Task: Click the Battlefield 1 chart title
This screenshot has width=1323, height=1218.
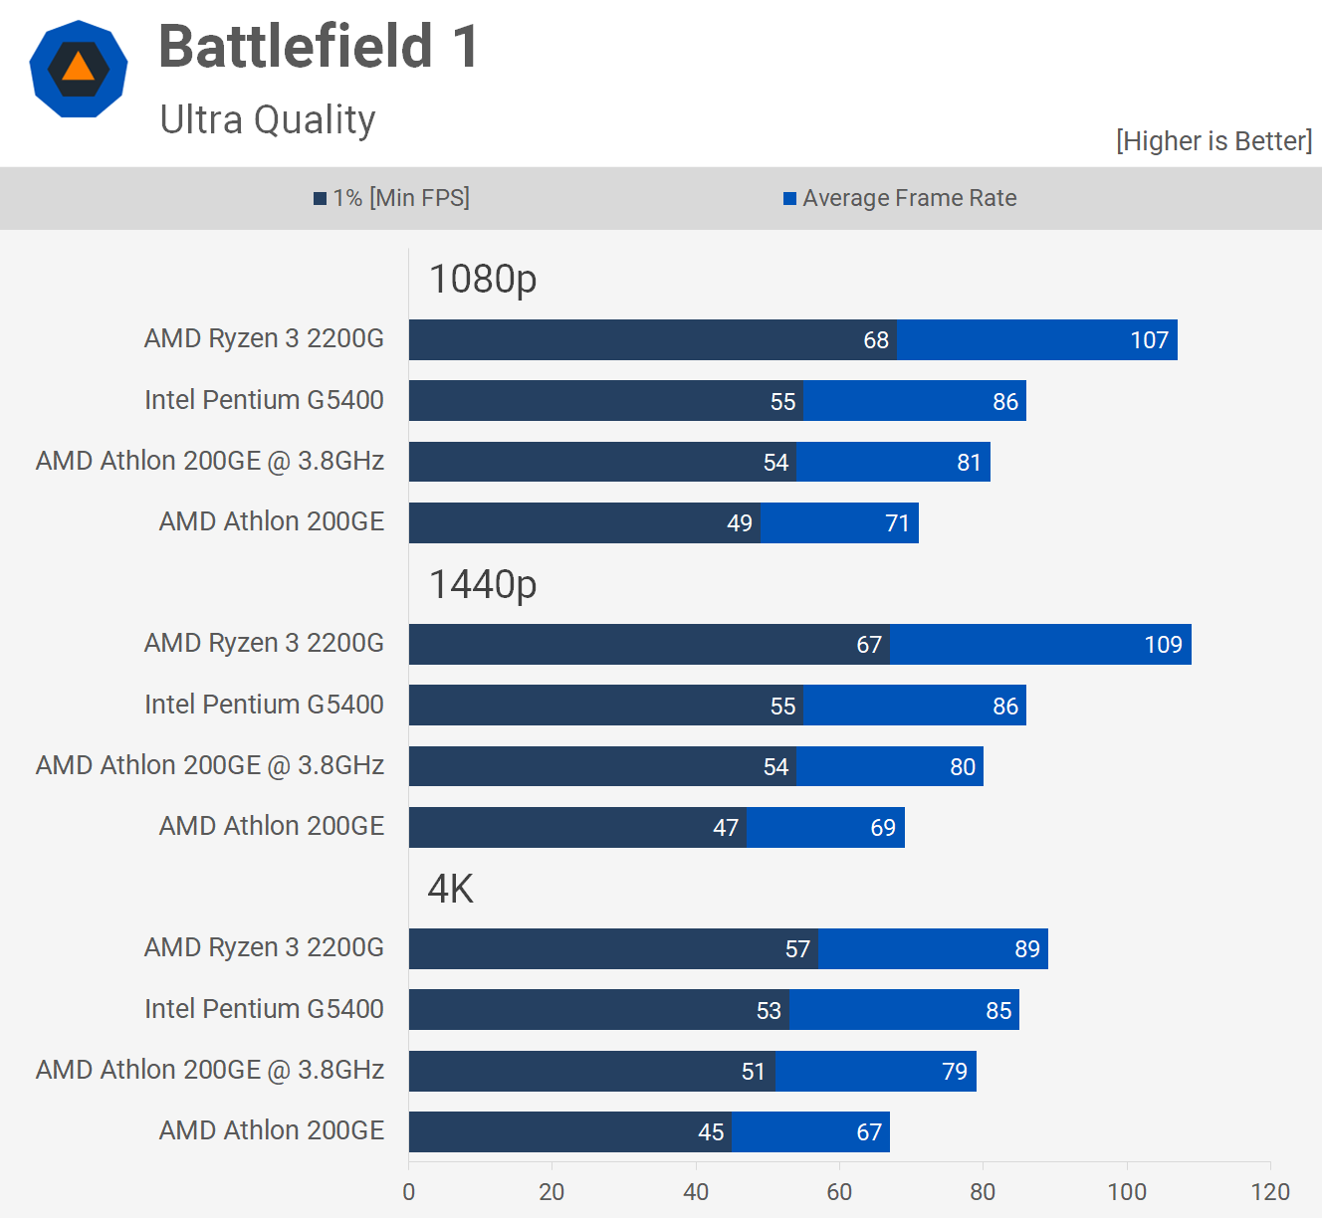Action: tap(319, 47)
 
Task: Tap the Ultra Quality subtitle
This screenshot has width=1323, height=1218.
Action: tap(267, 119)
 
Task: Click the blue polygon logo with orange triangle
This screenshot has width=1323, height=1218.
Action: tap(79, 69)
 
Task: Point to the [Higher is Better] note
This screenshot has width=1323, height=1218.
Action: tap(1213, 141)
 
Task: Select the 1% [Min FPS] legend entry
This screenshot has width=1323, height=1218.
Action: tap(391, 198)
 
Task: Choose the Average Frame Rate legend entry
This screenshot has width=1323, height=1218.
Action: tap(900, 198)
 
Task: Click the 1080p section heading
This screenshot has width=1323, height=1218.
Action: tap(483, 280)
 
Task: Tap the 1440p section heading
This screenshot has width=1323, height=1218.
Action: tap(483, 585)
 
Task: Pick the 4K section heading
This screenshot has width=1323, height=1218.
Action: tap(450, 889)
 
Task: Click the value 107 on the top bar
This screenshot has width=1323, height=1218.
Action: tap(1149, 340)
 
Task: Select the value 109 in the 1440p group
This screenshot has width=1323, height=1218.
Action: tap(1163, 645)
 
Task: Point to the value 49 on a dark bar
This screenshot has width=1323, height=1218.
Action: tap(740, 523)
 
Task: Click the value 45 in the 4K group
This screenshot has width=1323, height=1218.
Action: tap(711, 1132)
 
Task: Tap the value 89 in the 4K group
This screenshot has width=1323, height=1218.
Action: tap(1027, 949)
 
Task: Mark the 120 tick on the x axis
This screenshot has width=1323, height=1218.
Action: tap(1270, 1192)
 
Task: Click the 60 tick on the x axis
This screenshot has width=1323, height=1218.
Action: tap(839, 1192)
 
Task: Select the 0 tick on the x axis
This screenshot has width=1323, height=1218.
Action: tap(409, 1192)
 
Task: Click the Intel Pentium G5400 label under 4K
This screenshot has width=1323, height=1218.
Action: tap(264, 1009)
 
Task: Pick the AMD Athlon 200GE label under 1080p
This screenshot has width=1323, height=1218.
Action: tap(272, 521)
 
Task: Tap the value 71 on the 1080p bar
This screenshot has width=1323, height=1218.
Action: tap(897, 523)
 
